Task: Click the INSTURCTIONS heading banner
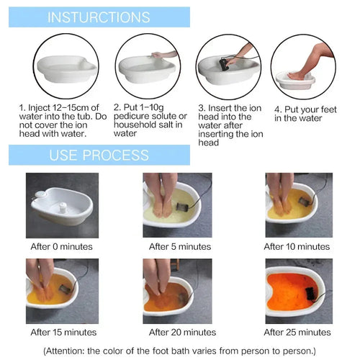[99, 17]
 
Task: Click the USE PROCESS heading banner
[99, 155]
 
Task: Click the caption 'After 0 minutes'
[63, 246]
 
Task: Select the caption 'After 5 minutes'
[179, 246]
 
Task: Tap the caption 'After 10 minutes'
[297, 246]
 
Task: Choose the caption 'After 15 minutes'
[63, 332]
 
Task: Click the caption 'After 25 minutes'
[297, 332]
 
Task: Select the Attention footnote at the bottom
[180, 350]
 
